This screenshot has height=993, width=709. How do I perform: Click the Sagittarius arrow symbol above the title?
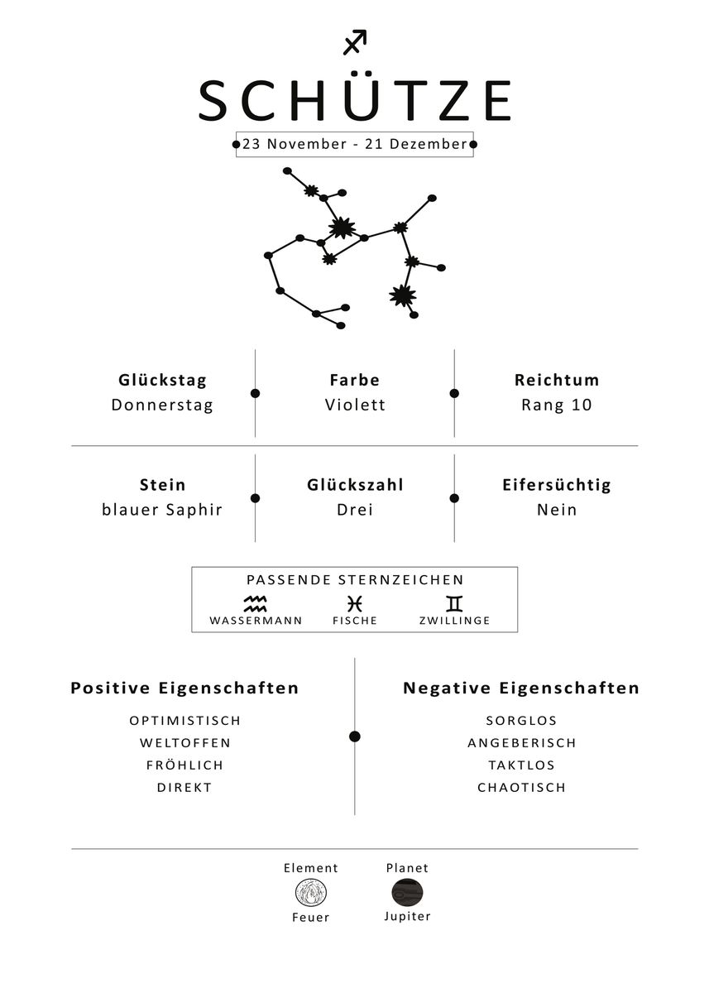point(354,42)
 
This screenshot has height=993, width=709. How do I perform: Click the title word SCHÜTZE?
point(354,101)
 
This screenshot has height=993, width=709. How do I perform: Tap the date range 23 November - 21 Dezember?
point(354,144)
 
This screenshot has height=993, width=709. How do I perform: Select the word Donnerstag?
point(162,405)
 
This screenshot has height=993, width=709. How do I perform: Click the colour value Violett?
point(355,405)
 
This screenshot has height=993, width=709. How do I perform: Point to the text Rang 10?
point(557,405)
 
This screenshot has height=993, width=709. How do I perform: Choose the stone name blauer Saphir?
point(162,510)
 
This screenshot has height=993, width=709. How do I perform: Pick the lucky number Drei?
point(355,510)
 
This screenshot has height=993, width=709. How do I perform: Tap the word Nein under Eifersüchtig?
point(557,510)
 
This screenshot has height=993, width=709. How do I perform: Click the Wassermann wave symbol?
point(256,603)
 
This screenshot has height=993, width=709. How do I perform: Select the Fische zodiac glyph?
point(355,603)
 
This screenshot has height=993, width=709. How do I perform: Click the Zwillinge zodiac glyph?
point(454,603)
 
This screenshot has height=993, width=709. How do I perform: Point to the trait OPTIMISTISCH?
point(184,721)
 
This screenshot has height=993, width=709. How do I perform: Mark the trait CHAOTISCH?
point(521,788)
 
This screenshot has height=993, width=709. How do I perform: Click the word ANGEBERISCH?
point(521,743)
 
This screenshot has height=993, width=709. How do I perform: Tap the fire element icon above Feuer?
point(311,893)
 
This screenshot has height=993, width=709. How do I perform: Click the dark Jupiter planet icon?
point(407,893)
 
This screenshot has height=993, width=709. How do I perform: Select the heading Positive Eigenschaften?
point(184,688)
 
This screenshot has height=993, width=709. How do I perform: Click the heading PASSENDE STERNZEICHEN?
point(355,580)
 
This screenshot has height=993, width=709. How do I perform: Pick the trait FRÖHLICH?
point(184,765)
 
